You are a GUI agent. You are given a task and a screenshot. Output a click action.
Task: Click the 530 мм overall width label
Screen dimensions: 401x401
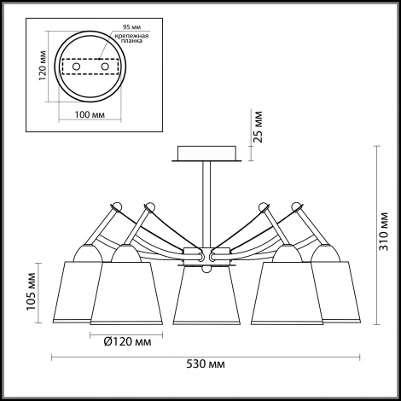[x=206, y=364]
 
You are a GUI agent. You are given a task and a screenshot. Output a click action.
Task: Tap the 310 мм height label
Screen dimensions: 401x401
[x=384, y=231]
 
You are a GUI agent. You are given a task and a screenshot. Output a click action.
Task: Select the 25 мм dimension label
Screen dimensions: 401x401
[x=258, y=126]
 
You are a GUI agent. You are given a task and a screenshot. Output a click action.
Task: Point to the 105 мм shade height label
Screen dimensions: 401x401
[x=31, y=292]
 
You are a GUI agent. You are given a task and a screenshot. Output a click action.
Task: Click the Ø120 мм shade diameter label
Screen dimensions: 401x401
[x=128, y=341]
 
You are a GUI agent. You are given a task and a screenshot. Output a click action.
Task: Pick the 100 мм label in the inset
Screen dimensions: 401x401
[x=90, y=114]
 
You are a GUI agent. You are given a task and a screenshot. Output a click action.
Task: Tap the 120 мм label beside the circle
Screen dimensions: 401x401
[x=43, y=66]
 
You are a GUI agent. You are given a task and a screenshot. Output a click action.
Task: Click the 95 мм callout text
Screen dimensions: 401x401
[x=131, y=27]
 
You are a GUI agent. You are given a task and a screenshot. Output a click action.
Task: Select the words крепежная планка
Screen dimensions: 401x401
[x=131, y=38]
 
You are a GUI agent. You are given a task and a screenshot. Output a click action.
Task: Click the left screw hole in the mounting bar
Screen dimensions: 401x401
[x=76, y=67]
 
